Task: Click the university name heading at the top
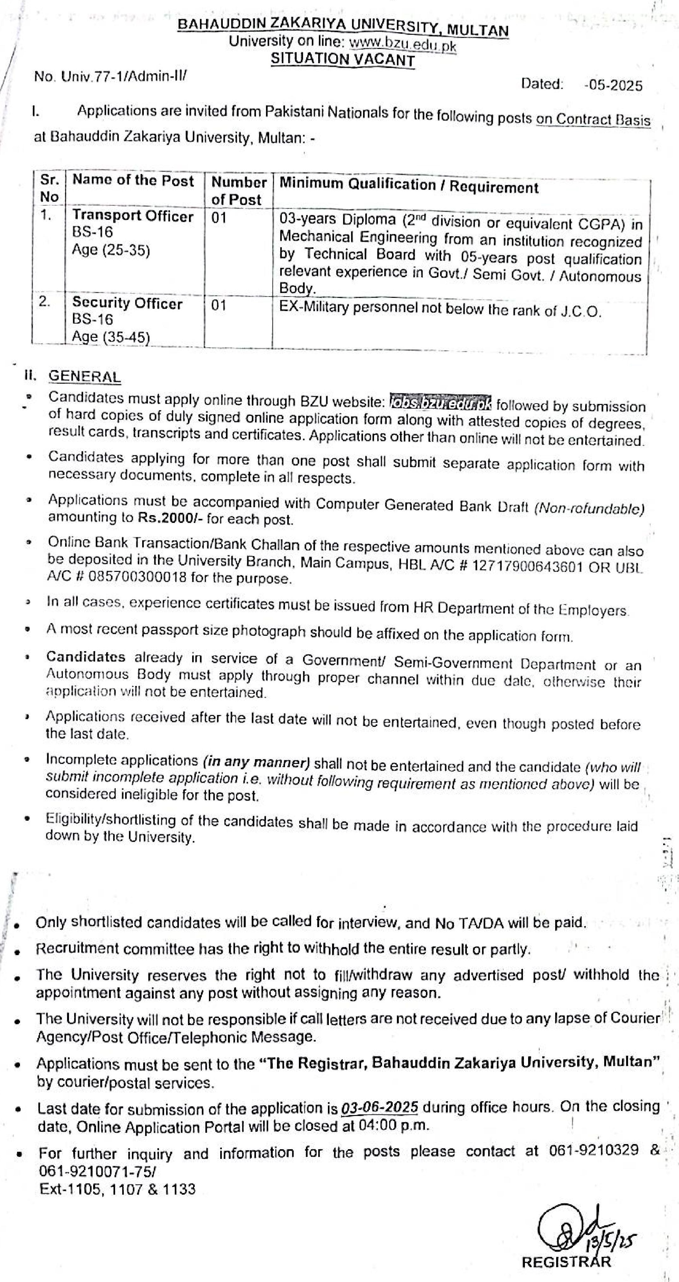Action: [343, 27]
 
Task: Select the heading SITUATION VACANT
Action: [342, 60]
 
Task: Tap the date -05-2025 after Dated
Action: [613, 86]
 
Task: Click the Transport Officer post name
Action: [133, 216]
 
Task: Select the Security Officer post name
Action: [127, 303]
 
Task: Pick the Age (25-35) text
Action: [111, 250]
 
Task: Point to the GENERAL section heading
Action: [84, 377]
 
